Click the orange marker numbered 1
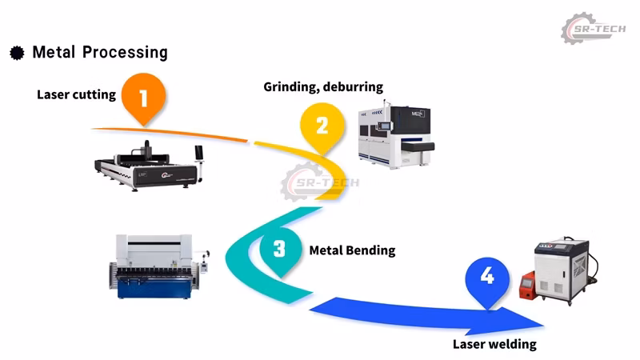click(144, 97)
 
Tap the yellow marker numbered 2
click(322, 126)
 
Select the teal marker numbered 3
click(279, 248)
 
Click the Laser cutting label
click(76, 94)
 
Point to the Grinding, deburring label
click(323, 86)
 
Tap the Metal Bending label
click(352, 250)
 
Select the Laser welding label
click(494, 345)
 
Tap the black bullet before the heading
click(17, 54)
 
